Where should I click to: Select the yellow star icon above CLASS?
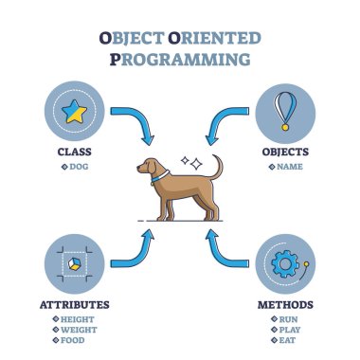[x=73, y=114]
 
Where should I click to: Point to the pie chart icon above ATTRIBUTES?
[x=73, y=261]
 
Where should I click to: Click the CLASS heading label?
[x=73, y=150]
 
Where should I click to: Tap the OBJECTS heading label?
[x=287, y=150]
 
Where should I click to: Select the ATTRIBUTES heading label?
[x=73, y=305]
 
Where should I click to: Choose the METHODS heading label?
[x=287, y=305]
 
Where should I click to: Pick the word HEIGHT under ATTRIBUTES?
[x=78, y=320]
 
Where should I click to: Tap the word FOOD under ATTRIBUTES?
[x=75, y=341]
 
